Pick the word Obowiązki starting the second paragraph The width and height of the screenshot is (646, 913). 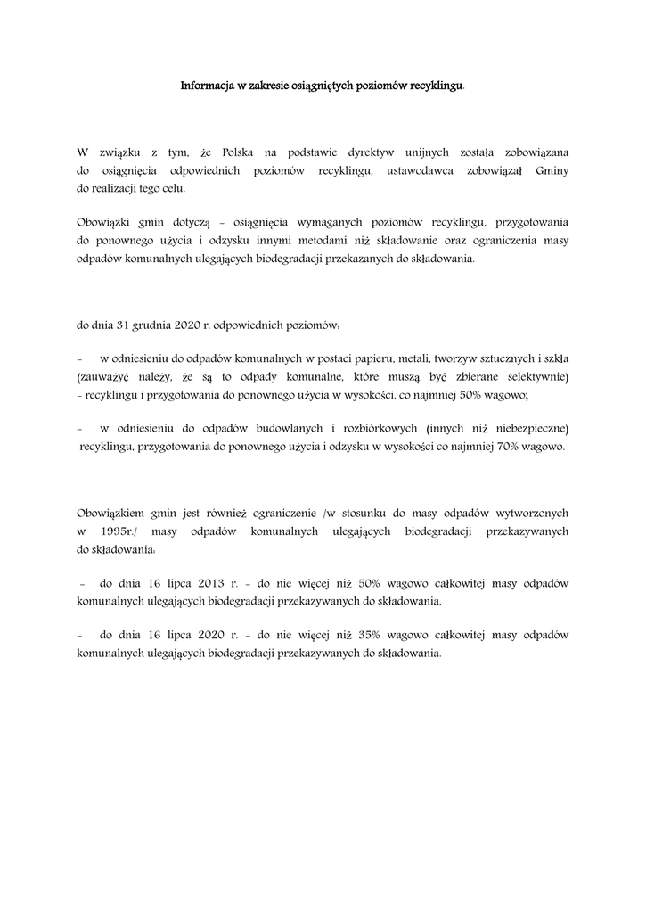pos(104,222)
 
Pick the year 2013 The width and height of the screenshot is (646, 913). pos(211,582)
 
